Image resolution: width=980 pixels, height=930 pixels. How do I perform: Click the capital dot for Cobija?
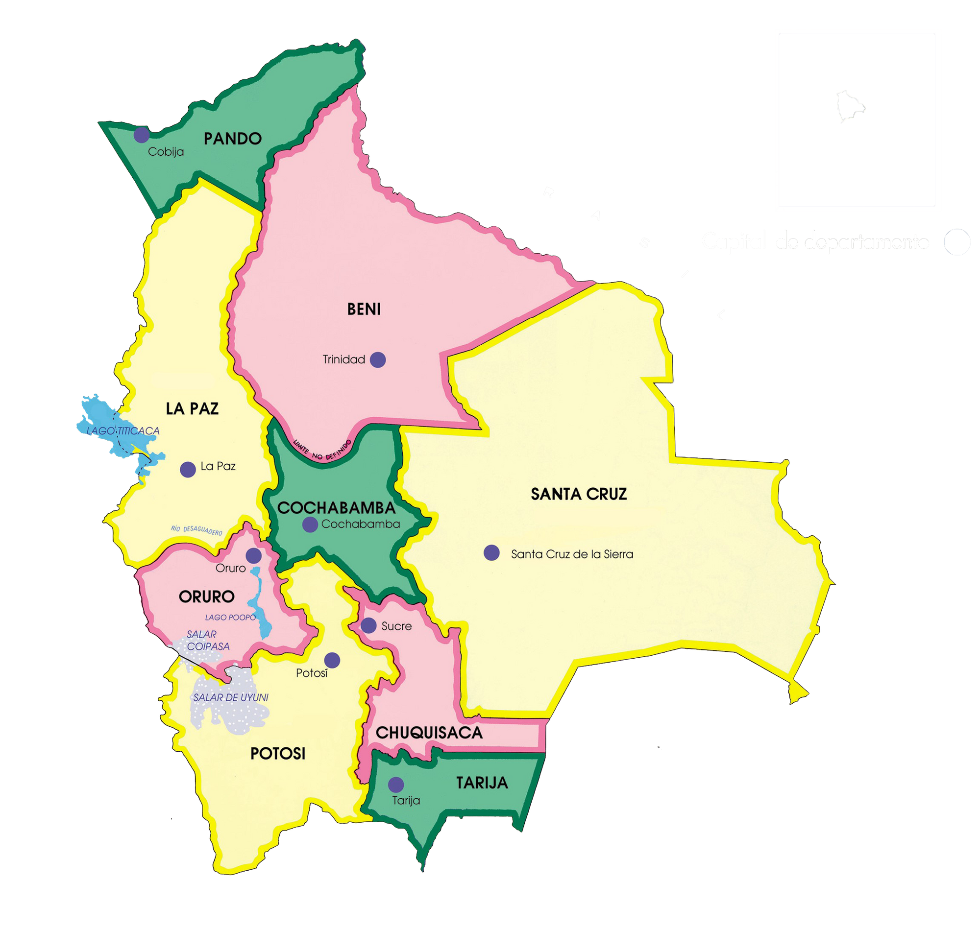coord(141,134)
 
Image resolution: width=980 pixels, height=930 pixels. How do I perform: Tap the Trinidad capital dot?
coord(378,359)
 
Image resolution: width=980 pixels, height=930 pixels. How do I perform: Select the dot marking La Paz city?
coord(188,469)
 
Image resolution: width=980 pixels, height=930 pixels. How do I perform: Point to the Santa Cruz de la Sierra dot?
coord(491,553)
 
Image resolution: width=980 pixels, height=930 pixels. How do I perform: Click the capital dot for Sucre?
coord(368,625)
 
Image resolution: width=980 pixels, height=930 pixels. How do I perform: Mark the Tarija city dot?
coord(396,784)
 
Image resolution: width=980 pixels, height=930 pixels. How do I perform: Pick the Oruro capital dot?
coord(253,556)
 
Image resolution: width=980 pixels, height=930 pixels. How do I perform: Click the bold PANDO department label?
coord(233,138)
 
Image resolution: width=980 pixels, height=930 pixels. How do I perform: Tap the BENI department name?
coord(364,310)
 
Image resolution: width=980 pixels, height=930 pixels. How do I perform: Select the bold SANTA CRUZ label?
coord(579,494)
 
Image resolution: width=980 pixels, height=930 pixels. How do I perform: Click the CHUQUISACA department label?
coord(429,733)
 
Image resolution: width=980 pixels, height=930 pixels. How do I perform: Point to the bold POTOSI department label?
coord(278,754)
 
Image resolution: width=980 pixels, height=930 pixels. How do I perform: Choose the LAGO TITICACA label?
coord(123,431)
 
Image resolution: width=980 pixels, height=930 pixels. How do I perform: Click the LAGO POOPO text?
coord(231,617)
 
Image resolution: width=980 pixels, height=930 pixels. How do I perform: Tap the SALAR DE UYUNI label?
coord(231,697)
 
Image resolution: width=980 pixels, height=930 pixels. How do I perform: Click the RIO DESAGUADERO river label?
coord(196,530)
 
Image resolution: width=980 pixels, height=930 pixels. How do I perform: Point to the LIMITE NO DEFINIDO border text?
coord(322,450)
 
